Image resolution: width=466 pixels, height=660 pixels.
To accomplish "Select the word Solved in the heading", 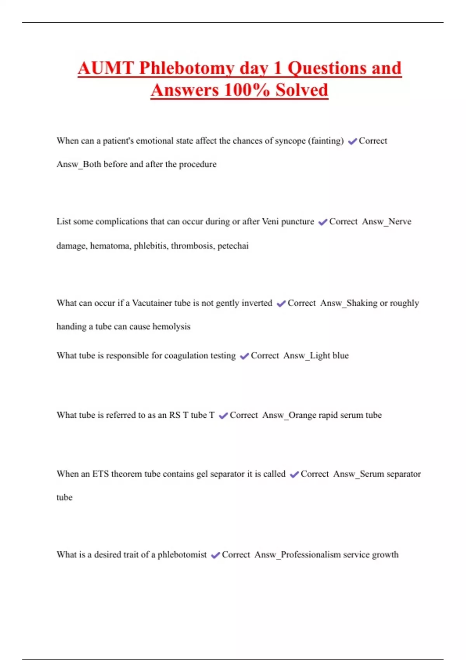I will [x=302, y=90].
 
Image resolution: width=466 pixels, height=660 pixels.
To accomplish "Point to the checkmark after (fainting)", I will [x=352, y=142].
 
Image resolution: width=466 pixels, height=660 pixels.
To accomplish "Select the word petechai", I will [x=233, y=246].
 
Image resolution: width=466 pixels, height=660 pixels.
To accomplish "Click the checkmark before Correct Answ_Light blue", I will [x=244, y=356].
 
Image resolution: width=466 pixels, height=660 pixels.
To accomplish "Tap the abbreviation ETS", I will [x=100, y=474].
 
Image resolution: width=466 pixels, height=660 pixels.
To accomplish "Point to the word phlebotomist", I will [x=182, y=555].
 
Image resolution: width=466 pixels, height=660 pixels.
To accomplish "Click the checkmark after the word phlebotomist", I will [x=216, y=556].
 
